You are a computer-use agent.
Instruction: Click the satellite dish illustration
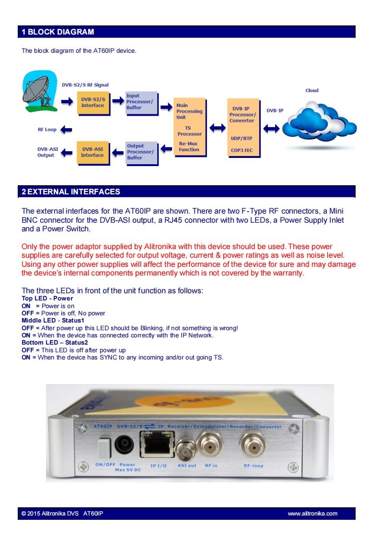coord(39,91)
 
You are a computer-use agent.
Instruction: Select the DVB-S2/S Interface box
coord(93,103)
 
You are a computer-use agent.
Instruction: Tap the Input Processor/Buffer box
coord(141,103)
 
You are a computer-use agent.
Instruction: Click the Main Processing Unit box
coord(189,128)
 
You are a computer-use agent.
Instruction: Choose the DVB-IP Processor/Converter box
coord(243,128)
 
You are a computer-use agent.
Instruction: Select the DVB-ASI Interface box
coord(93,153)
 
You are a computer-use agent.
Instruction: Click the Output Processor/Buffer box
coord(141,153)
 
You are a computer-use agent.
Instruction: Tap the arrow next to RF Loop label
coord(66,130)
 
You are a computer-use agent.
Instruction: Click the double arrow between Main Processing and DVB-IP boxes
coord(217,128)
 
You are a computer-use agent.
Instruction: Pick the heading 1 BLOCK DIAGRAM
coord(58,32)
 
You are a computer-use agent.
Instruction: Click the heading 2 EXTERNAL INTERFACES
coord(71,192)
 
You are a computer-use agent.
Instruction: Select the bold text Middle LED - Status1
coord(53,320)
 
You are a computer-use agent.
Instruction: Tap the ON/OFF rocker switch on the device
coord(104,447)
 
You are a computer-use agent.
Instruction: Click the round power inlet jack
coord(124,445)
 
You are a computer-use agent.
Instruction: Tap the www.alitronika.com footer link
coord(312,514)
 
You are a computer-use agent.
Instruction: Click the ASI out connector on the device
coord(185,450)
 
